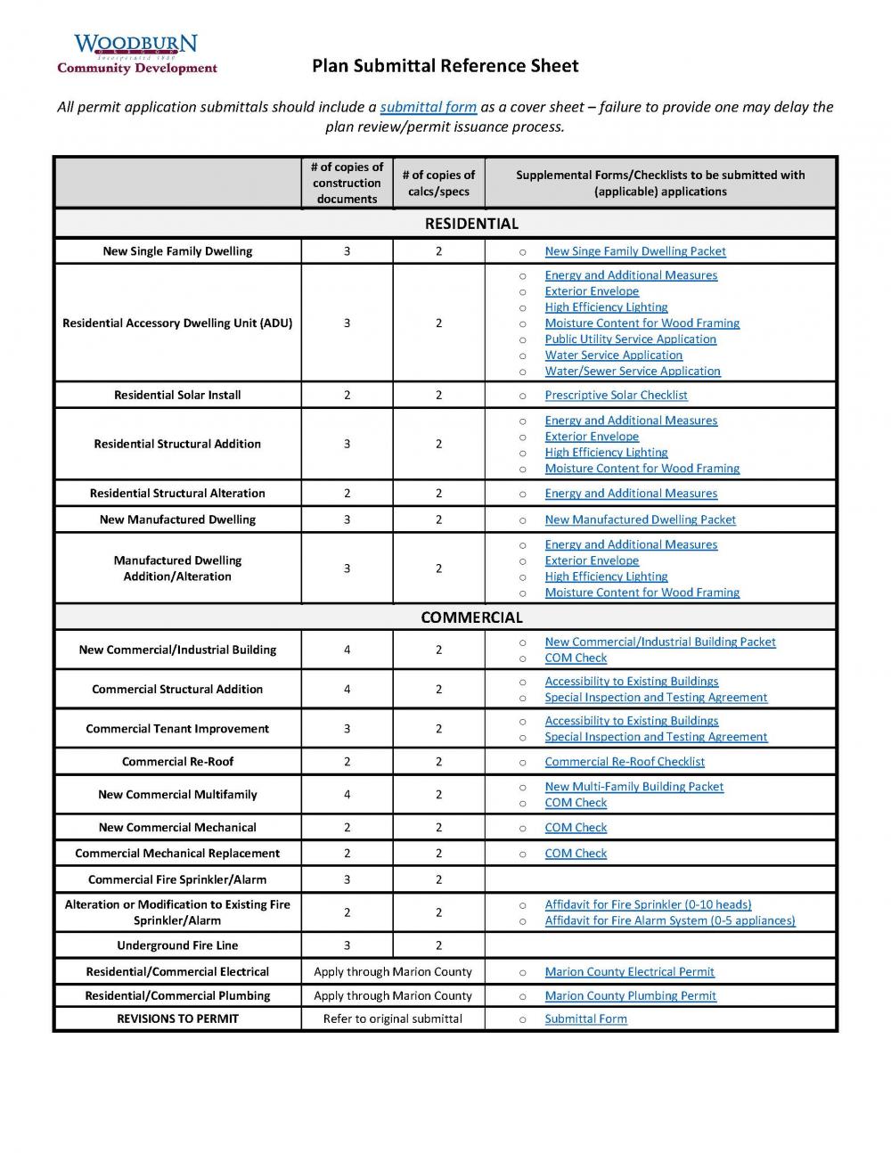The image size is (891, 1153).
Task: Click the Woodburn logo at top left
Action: [136, 53]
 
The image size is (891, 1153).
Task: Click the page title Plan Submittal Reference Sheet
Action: [445, 66]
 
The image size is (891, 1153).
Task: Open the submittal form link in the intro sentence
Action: [428, 107]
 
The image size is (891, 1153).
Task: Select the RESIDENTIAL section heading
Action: [470, 224]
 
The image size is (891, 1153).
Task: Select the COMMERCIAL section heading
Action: [470, 617]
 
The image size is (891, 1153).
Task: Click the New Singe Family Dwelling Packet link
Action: [634, 251]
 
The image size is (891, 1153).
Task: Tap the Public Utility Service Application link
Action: [630, 339]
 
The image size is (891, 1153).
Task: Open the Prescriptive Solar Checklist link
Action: [616, 395]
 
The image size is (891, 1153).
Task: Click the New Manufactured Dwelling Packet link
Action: [640, 519]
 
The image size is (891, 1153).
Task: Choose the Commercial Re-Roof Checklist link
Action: [624, 762]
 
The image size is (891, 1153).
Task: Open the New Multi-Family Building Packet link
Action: [634, 787]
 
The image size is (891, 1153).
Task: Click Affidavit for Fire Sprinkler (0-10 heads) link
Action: [648, 904]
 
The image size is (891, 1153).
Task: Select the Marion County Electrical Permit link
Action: [629, 972]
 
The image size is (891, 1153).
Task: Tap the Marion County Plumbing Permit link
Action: [630, 996]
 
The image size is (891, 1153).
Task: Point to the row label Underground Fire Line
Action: [177, 945]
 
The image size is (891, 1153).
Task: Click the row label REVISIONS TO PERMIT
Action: [177, 1018]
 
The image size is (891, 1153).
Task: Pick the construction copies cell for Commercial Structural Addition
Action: [347, 689]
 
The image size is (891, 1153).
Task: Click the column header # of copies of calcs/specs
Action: [437, 183]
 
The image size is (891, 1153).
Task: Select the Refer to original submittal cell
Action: [392, 1018]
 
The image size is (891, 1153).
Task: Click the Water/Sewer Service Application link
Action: [632, 371]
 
